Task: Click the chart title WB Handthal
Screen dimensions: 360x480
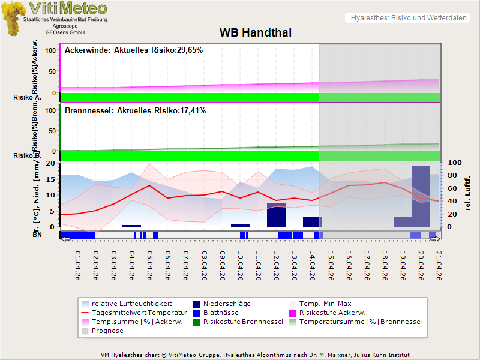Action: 256,32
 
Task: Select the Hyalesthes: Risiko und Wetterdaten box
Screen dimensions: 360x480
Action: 407,18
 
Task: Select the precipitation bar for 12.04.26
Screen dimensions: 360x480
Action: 276,215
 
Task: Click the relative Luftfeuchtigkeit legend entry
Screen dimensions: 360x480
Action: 126,304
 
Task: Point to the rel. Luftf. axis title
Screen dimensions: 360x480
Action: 468,194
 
